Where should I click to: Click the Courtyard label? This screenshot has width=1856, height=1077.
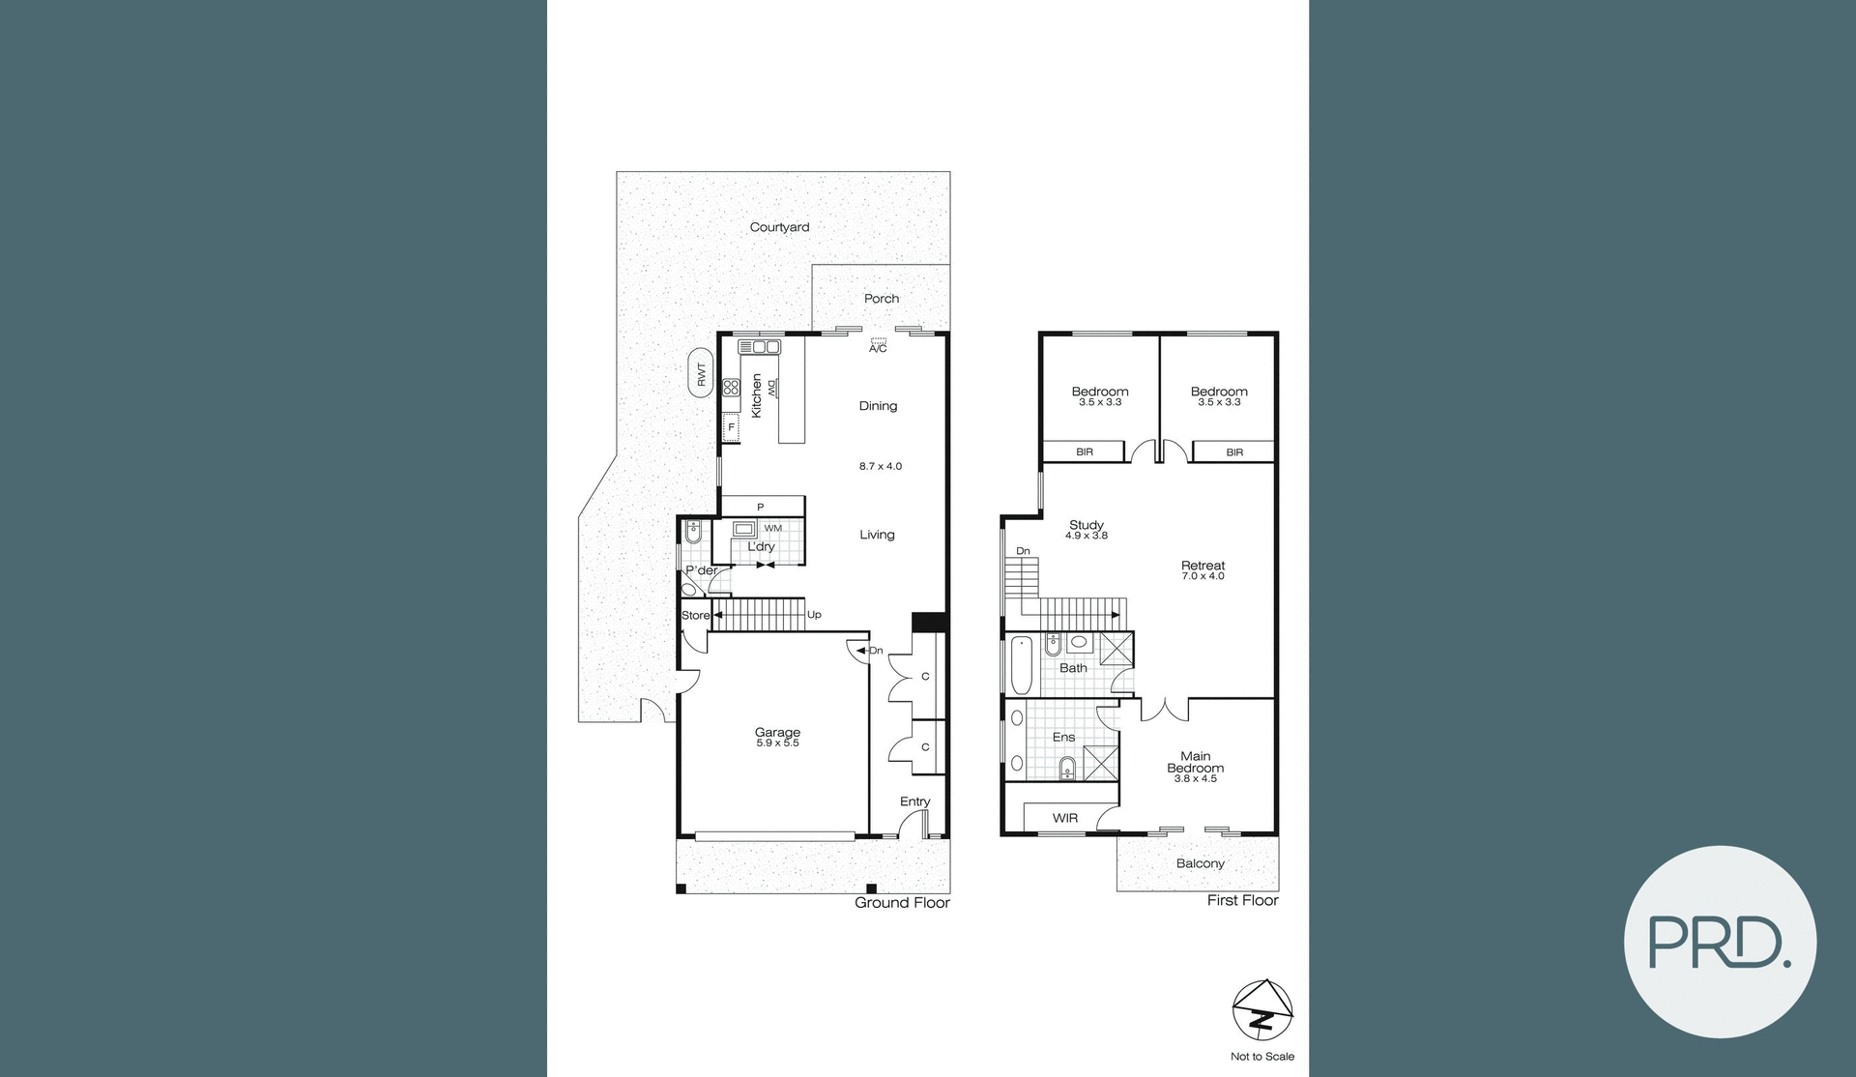coord(779,227)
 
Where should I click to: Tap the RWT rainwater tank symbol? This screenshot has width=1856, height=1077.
coord(701,373)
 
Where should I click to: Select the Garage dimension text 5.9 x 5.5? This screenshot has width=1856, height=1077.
coord(777,743)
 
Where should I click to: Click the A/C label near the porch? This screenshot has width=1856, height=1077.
coord(877,348)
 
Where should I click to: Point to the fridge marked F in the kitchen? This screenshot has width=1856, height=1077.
coord(731,426)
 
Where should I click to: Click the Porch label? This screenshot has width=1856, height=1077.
coord(881,299)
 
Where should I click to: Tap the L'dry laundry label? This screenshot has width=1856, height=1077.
coord(761,547)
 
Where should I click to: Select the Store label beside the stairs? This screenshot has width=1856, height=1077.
coord(695,616)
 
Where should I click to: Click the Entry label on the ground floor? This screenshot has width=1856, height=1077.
coord(914,801)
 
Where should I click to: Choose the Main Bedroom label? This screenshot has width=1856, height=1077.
coord(1195,762)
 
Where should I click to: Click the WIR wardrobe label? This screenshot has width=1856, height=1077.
coord(1064,818)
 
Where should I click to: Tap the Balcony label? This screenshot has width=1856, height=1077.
coord(1200,863)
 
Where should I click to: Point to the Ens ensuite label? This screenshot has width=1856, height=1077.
coord(1063,737)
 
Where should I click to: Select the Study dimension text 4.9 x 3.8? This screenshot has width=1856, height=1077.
coord(1086,536)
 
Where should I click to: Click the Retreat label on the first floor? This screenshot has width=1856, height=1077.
coord(1203,566)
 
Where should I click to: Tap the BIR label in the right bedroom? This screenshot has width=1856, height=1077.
coord(1233,451)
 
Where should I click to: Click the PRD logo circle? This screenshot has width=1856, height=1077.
coord(1719,942)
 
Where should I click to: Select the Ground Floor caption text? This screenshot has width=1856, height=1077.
coord(902,903)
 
